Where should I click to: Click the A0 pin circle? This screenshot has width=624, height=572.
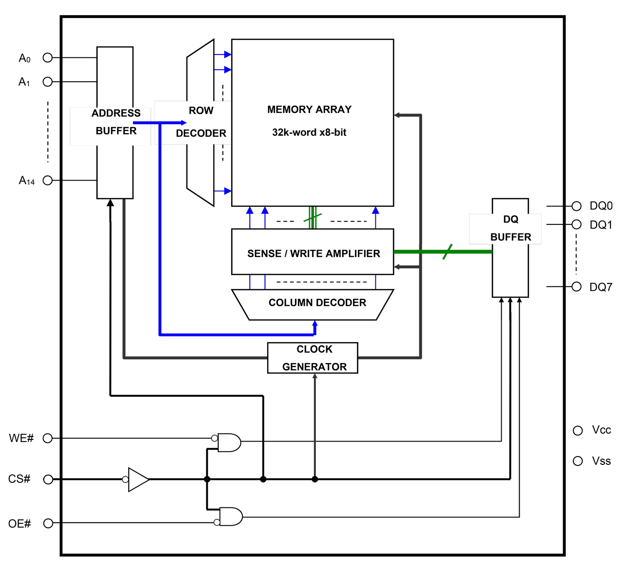(x=48, y=57)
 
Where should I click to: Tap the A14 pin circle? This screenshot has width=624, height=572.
(x=48, y=180)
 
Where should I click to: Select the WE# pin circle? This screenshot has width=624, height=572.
(x=48, y=438)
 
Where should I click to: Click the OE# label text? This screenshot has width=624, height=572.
(x=19, y=523)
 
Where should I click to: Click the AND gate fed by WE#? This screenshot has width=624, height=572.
(x=229, y=443)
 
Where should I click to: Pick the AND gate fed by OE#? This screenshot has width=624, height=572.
(x=231, y=517)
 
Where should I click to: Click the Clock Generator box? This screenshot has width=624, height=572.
(x=312, y=358)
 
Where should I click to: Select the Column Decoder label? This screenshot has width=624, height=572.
(x=317, y=303)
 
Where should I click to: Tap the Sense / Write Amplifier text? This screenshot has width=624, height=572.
(x=313, y=254)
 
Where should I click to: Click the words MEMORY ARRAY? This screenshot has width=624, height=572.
(x=309, y=110)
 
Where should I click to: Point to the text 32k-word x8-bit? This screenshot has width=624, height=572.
(x=309, y=132)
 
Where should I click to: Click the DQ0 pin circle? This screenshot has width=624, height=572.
(x=576, y=206)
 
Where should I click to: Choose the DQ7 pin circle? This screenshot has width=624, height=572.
(x=576, y=286)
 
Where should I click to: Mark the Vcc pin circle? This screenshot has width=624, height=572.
(x=578, y=430)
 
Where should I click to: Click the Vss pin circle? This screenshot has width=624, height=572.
(x=578, y=461)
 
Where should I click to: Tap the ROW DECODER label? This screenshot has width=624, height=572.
(x=201, y=122)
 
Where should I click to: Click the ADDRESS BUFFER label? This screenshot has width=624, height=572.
(x=116, y=122)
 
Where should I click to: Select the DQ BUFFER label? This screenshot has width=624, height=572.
(x=511, y=228)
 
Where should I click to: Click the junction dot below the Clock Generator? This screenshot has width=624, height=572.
(x=315, y=479)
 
